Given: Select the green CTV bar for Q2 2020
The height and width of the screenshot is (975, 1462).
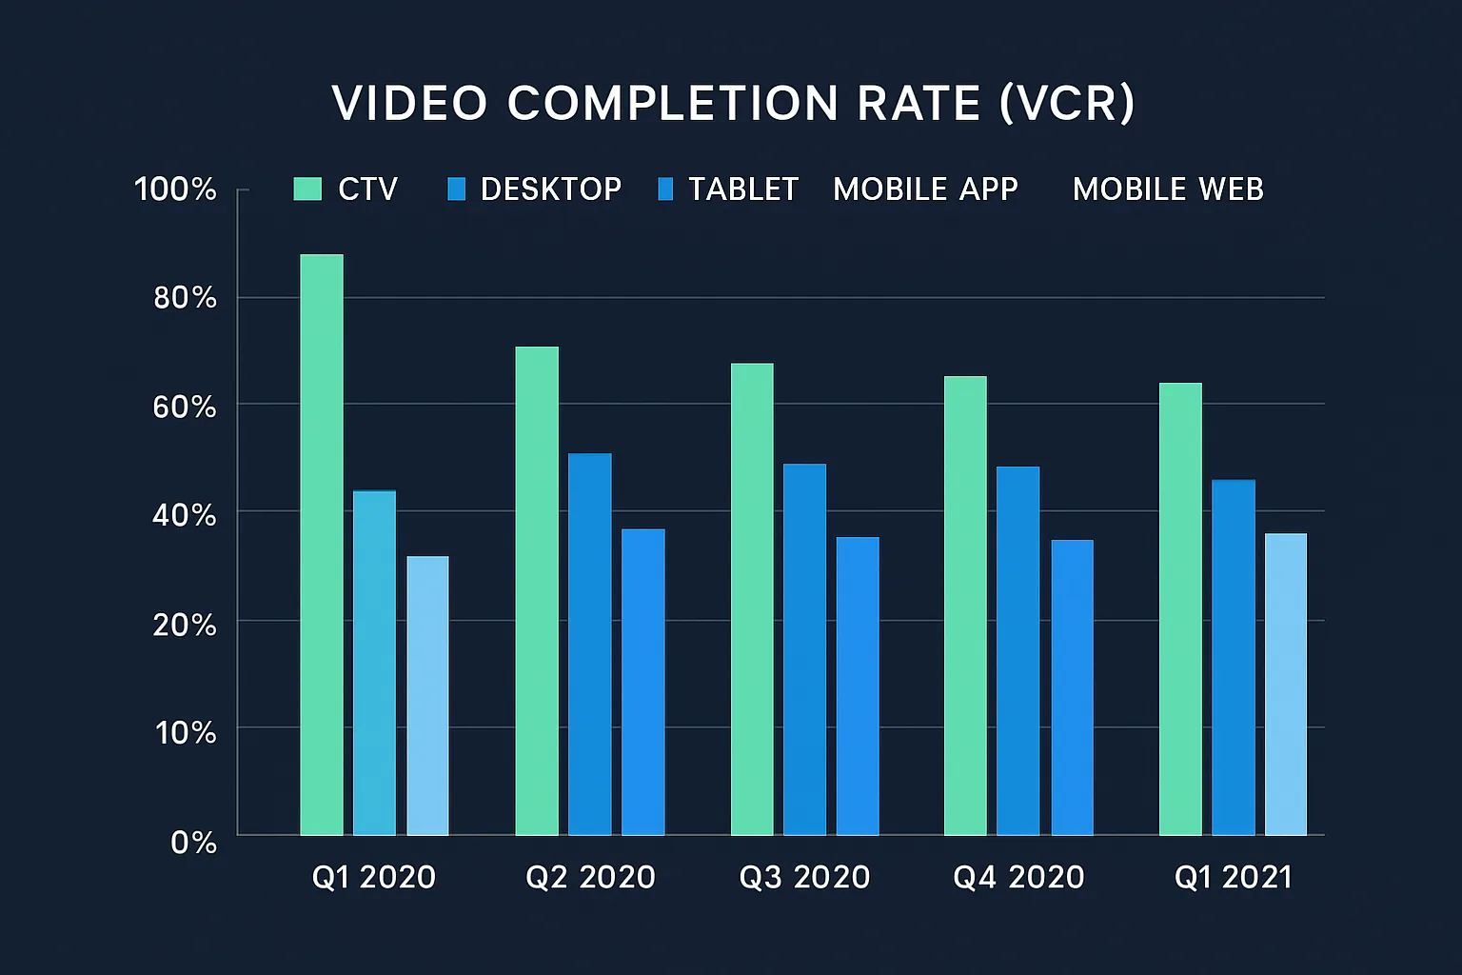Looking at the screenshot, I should (x=537, y=590).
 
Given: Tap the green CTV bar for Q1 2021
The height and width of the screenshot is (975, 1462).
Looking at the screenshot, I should (x=1180, y=609).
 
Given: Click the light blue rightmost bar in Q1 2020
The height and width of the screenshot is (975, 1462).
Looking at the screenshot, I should (x=427, y=695).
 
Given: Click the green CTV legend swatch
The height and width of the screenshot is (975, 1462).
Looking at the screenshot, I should (x=307, y=189).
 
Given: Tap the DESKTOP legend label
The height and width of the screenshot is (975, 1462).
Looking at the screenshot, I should (x=550, y=189).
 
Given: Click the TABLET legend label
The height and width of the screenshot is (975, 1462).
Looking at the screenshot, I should (x=742, y=189).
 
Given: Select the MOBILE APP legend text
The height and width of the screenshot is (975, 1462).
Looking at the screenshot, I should (x=925, y=189).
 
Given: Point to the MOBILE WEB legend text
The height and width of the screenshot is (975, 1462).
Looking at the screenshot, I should (x=1168, y=189).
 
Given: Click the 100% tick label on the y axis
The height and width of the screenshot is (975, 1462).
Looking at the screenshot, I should (x=176, y=189).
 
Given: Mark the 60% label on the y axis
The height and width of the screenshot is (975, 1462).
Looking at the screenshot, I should (x=185, y=407).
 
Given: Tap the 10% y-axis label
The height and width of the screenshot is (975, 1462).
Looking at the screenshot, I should (x=186, y=732).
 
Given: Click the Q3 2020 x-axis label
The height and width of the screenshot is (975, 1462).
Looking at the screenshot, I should (x=804, y=877).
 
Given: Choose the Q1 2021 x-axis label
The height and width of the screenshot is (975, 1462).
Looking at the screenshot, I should (x=1234, y=877).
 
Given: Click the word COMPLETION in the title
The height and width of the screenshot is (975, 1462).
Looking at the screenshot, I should (x=672, y=103).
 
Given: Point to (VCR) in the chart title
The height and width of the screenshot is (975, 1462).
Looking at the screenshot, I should (x=1067, y=103).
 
